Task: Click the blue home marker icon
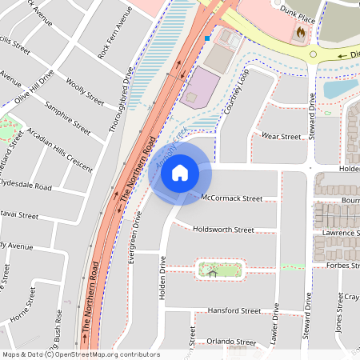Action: [x=180, y=173]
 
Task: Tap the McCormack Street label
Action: [x=232, y=198]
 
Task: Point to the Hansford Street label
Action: [x=234, y=310]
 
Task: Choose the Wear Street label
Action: [x=281, y=137]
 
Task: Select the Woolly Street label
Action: [x=85, y=93]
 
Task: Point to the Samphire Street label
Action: [x=67, y=117]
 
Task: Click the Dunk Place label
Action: [x=295, y=10]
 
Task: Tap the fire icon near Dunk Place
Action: [x=300, y=33]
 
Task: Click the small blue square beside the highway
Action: [x=207, y=38]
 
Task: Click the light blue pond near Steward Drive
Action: [x=339, y=87]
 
